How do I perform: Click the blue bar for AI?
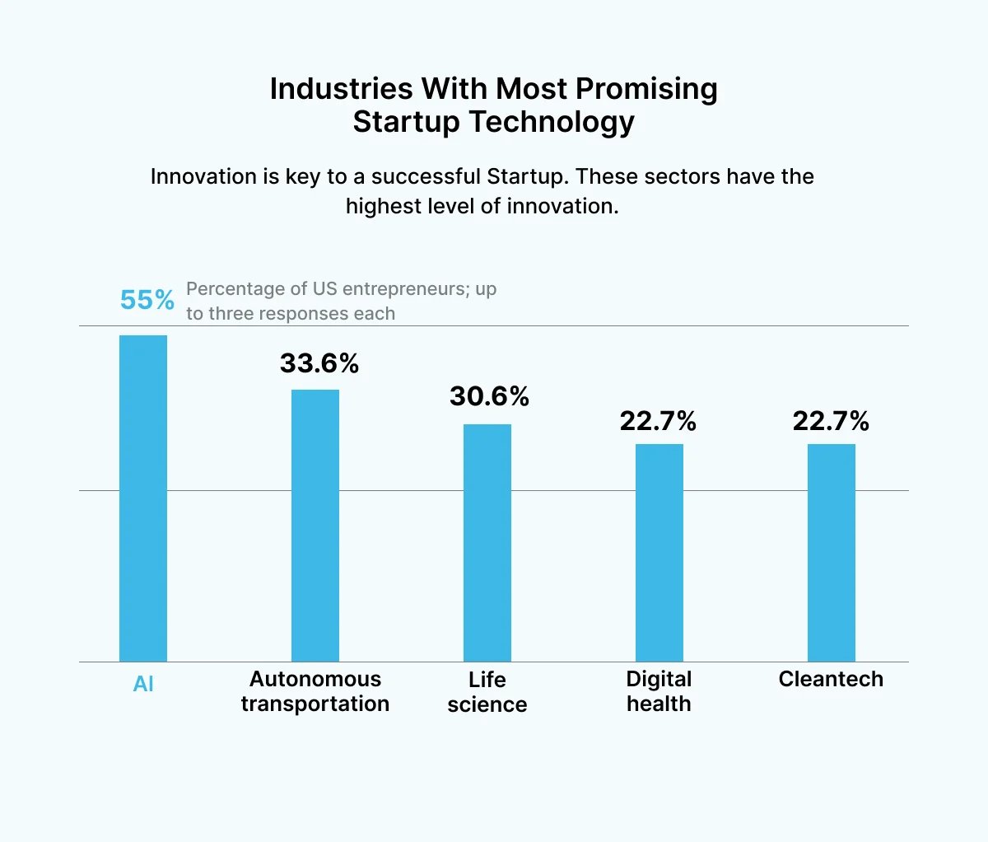143,498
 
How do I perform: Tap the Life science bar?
487,543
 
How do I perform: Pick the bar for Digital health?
659,553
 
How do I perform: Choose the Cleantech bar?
832,553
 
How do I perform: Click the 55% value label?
147,300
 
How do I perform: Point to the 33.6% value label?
319,363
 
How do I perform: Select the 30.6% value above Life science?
489,396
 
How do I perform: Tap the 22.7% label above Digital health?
658,421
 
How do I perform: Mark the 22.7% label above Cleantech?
831,421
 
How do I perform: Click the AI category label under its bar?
143,684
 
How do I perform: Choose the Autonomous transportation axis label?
315,691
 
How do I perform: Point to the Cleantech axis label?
831,679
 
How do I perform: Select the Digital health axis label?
659,691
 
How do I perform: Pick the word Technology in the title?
552,122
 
